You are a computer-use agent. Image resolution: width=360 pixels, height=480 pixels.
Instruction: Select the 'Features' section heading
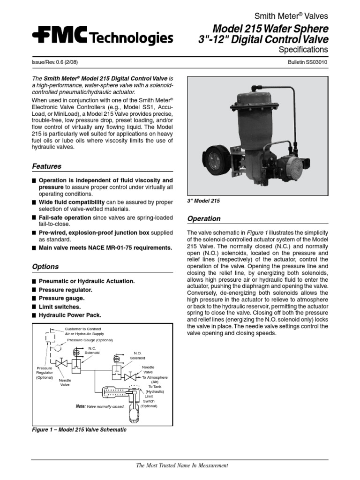tap(46, 166)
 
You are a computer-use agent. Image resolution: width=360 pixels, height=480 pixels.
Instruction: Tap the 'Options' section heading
tap(45, 267)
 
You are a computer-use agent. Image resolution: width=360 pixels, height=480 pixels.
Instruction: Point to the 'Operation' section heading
tap(203, 218)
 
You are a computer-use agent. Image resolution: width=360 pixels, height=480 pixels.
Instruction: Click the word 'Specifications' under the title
tap(303, 49)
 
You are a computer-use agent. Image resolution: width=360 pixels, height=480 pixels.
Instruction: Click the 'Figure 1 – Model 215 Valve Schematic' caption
tap(79, 429)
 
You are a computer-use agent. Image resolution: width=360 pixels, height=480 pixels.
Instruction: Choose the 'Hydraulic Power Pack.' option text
tap(70, 315)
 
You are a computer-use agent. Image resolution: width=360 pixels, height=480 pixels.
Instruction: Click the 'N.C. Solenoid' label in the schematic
tap(92, 350)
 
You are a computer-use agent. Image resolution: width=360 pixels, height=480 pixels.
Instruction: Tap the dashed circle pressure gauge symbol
tap(58, 348)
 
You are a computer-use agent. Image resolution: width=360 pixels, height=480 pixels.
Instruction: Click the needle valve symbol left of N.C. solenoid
tap(61, 364)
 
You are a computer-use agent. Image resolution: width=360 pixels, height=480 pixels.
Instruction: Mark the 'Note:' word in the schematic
tap(81, 406)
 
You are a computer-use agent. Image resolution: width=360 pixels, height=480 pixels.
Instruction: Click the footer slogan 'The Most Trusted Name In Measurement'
tap(182, 465)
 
